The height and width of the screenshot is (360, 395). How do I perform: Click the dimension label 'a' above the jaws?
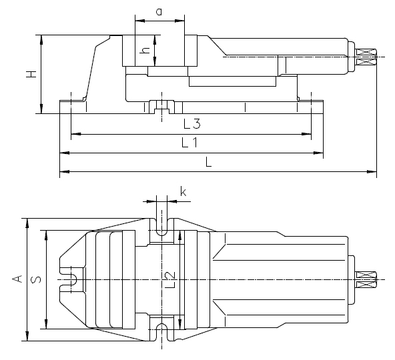click(x=159, y=12)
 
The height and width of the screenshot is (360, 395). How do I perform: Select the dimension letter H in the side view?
click(x=32, y=74)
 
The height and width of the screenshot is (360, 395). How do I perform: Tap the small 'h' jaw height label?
click(x=145, y=51)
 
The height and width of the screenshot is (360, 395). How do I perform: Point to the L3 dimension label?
click(x=192, y=124)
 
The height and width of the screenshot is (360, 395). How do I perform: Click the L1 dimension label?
click(x=189, y=143)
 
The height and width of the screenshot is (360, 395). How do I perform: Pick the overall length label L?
click(x=208, y=161)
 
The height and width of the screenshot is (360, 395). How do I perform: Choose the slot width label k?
click(x=183, y=191)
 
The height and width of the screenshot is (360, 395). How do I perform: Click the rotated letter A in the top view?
click(x=17, y=279)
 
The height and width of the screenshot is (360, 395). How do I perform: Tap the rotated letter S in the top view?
click(x=36, y=279)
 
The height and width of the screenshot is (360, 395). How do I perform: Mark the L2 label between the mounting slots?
click(x=171, y=280)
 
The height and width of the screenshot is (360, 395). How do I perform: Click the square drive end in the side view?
click(x=366, y=57)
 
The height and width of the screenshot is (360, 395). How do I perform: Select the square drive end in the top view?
click(x=366, y=280)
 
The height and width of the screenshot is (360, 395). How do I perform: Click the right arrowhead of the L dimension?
click(x=372, y=172)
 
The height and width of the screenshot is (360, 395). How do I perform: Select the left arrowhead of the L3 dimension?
click(x=76, y=134)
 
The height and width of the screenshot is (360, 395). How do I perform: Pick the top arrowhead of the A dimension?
click(x=27, y=223)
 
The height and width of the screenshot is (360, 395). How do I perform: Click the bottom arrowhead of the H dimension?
click(x=41, y=109)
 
